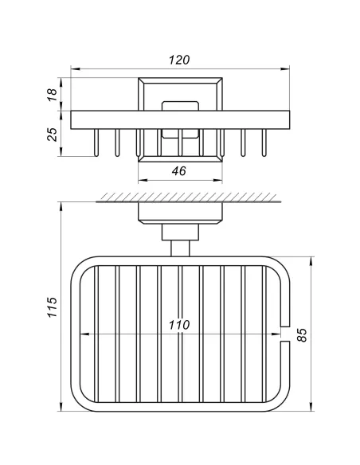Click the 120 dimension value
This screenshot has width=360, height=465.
coord(179,60)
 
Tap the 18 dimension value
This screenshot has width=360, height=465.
coord(53,95)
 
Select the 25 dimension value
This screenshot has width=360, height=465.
coord(53,135)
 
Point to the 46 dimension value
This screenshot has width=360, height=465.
coord(179,171)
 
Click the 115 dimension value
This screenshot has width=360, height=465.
coord(53,307)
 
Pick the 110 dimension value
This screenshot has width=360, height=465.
coord(179,325)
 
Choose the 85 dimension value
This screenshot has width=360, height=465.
coord(302,335)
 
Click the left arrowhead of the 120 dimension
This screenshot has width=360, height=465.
coord(76,69)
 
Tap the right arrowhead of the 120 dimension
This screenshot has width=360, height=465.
coord(285,69)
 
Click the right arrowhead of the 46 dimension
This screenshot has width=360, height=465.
coord(217,180)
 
